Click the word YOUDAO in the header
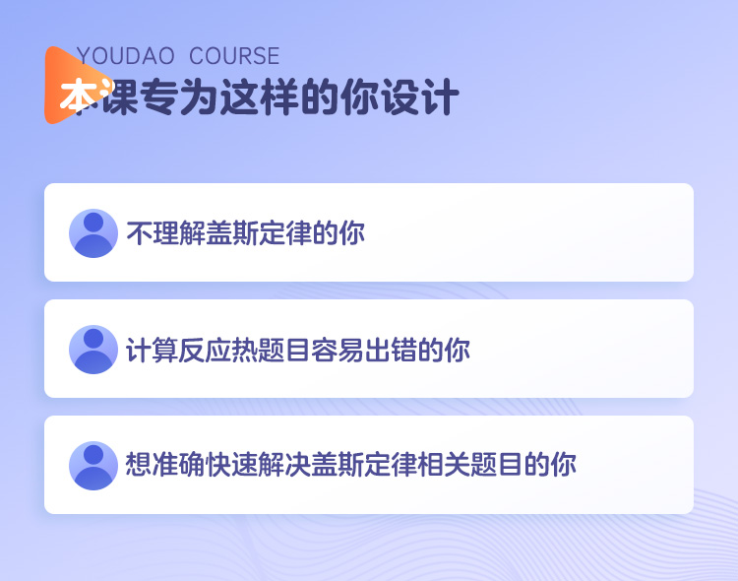click(125, 56)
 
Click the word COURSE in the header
click(234, 56)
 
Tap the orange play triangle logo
click(76, 86)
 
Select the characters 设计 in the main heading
click(420, 97)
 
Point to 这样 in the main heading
click(261, 97)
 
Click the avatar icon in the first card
click(93, 233)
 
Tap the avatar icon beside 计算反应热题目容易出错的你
click(93, 350)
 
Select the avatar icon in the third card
click(93, 466)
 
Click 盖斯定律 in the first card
click(259, 232)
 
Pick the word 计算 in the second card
click(152, 350)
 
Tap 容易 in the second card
click(337, 350)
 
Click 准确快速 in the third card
click(205, 465)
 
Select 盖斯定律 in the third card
click(363, 465)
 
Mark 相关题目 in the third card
click(469, 465)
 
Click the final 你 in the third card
click(563, 465)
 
